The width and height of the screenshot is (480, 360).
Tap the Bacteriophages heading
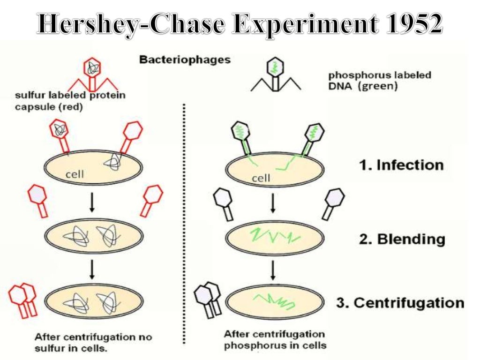(x=185, y=60)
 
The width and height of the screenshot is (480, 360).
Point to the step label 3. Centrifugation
(x=400, y=302)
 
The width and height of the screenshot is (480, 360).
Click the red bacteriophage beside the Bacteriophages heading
(x=92, y=75)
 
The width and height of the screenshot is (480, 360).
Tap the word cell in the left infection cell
(x=75, y=174)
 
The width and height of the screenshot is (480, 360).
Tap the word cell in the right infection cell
(x=262, y=178)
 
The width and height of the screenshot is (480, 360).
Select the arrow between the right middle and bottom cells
(x=273, y=270)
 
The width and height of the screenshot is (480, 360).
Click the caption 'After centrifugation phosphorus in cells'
(x=274, y=340)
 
